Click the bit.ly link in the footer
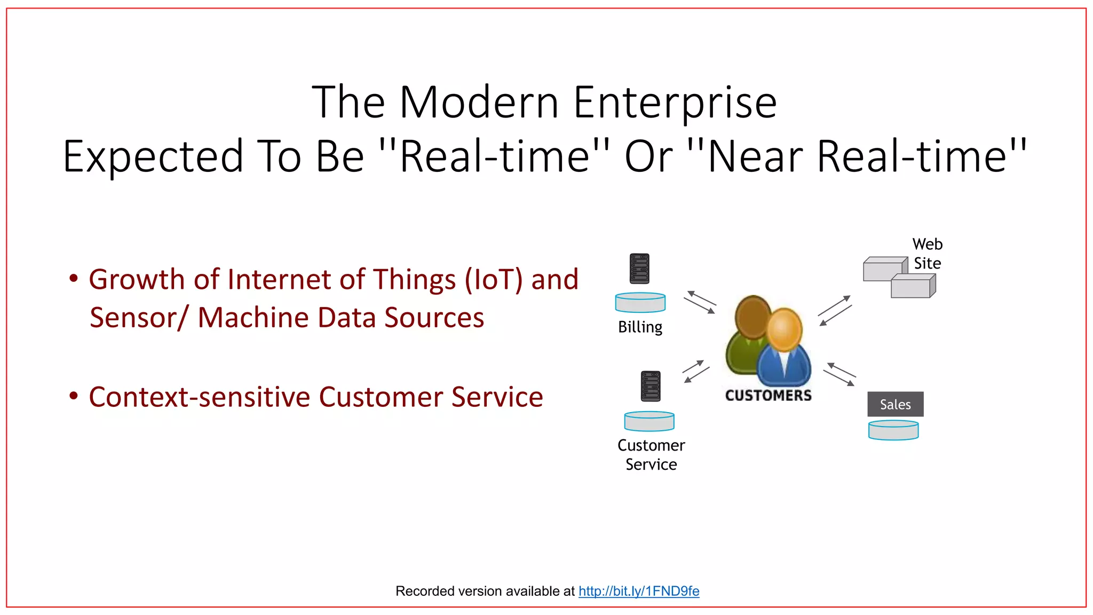pos(638,591)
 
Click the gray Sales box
pos(895,404)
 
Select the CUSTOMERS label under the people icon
pos(768,396)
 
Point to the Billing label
pos(640,327)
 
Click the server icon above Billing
pos(639,269)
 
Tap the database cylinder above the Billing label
pos(640,303)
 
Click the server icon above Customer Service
pos(651,386)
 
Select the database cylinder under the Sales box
pos(893,430)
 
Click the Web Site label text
pos(927,254)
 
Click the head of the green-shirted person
pos(752,317)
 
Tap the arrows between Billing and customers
pos(700,302)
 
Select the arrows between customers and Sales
pos(839,374)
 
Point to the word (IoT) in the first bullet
pos(494,280)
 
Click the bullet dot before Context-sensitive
pos(74,396)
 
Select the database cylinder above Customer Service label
pos(649,421)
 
